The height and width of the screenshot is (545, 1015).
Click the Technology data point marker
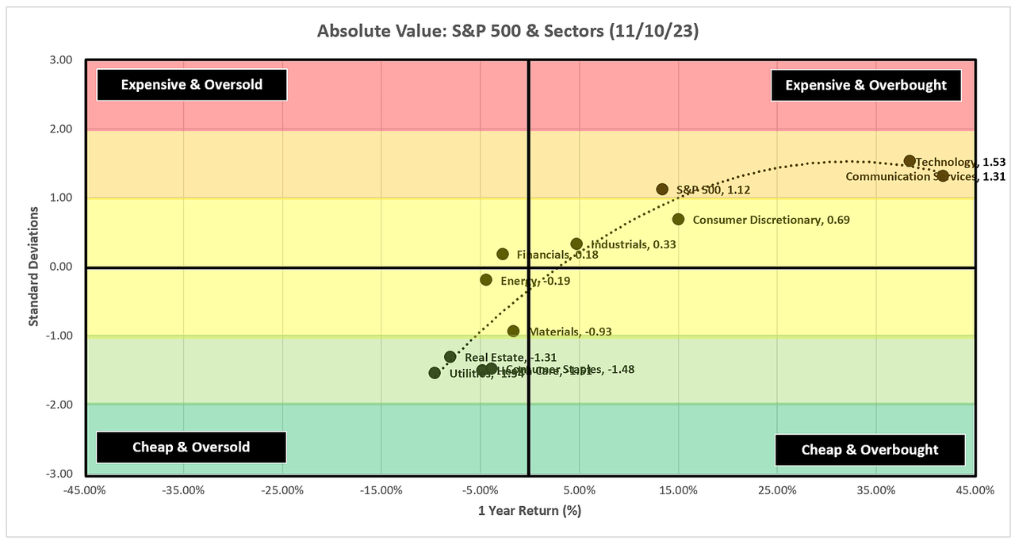(910, 161)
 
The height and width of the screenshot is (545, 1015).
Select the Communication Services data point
(942, 175)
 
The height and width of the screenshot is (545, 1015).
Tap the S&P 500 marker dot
(662, 190)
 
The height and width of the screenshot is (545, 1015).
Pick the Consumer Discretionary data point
(678, 219)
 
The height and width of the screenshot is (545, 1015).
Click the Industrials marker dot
(576, 244)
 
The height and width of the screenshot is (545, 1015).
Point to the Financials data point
(503, 254)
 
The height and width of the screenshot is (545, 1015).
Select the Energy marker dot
(486, 279)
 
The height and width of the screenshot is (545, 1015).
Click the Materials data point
(513, 331)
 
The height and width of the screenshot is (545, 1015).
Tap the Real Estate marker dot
(450, 357)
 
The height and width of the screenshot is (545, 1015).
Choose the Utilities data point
(435, 372)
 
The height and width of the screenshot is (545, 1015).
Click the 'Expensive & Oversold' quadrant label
(191, 85)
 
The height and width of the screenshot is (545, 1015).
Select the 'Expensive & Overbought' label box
(866, 85)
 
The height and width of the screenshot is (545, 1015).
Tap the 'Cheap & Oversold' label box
(191, 447)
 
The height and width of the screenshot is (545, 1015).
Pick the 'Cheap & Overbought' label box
(870, 450)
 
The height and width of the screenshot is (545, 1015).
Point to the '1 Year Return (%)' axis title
(530, 511)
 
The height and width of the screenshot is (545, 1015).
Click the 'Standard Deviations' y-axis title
(34, 267)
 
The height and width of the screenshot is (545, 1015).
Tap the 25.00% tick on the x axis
(777, 490)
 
